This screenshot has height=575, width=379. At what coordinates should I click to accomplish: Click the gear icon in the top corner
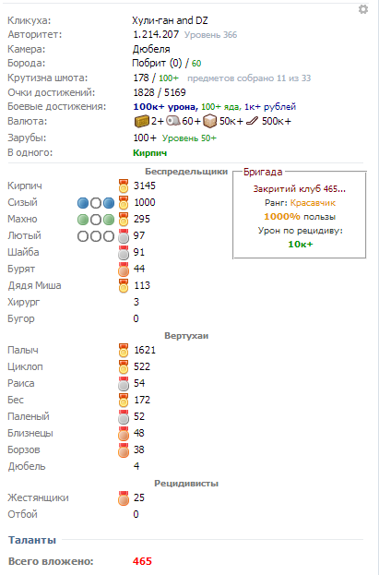tap(363, 9)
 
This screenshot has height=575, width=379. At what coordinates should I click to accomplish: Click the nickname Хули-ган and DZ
tap(170, 20)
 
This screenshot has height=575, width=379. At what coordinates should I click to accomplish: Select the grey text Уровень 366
tap(210, 35)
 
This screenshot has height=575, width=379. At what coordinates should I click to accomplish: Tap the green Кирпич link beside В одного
tap(150, 153)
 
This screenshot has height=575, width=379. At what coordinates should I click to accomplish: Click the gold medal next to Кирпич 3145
tap(124, 186)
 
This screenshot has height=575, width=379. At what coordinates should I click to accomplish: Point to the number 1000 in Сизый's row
tap(145, 202)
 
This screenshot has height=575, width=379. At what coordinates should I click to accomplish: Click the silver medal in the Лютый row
tap(124, 235)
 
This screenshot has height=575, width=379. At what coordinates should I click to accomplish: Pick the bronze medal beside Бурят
tap(124, 269)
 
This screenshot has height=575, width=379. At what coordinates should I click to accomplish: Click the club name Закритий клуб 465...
tap(299, 189)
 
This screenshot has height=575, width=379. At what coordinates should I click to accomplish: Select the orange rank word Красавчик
tap(313, 203)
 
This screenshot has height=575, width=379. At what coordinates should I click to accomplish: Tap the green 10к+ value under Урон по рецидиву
tap(301, 245)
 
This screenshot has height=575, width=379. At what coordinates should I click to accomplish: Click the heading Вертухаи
tap(186, 336)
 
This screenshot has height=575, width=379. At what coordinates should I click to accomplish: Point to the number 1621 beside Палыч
tap(145, 350)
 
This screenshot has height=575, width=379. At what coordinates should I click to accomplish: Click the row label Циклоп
tap(25, 366)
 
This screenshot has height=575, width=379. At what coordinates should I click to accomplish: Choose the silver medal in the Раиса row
tap(124, 384)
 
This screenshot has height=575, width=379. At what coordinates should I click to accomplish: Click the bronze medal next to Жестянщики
tap(124, 498)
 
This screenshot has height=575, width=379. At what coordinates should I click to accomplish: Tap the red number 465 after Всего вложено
tap(142, 561)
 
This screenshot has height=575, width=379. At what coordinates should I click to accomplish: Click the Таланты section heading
tap(32, 540)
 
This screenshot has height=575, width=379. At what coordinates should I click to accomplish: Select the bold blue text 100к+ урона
tap(166, 107)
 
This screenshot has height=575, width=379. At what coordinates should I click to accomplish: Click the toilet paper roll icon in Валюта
tap(173, 121)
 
